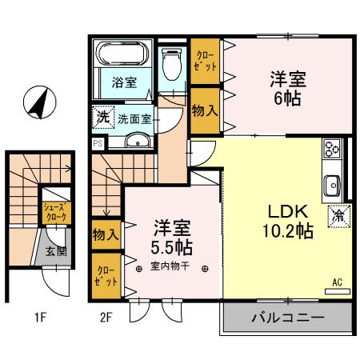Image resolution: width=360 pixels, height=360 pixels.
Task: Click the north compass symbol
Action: tap(40, 102)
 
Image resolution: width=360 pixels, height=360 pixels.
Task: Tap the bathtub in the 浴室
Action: tap(122, 53)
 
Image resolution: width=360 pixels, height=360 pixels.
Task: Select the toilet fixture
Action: tap(172, 65)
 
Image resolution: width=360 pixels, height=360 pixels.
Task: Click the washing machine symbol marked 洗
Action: tap(103, 117)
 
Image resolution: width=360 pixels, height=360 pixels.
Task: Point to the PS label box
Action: tap(98, 143)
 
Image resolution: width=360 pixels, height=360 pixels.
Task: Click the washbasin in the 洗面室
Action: tap(138, 141)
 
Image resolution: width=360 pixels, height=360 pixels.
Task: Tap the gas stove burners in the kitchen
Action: tap(332, 148)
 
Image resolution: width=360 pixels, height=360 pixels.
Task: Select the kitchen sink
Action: tap(332, 186)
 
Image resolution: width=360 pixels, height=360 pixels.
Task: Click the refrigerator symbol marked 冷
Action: tap(339, 216)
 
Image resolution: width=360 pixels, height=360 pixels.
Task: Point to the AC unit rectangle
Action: tap(338, 291)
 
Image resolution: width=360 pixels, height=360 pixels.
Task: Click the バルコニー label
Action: tap(288, 318)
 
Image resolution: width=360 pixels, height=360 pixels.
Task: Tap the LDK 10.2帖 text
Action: tap(288, 222)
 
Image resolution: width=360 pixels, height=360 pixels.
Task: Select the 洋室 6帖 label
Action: tap(288, 89)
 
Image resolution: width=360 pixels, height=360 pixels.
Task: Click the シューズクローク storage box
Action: tap(57, 213)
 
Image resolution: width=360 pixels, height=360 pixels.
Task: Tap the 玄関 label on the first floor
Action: tap(56, 251)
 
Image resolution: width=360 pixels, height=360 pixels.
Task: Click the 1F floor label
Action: tap(41, 318)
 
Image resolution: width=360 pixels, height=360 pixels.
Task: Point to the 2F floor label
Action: tap(106, 318)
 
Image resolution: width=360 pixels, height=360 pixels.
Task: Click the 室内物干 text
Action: tap(170, 266)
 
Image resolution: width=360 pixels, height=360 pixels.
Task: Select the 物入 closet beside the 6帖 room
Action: tap(205, 110)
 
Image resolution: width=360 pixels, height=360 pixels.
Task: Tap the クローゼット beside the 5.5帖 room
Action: tap(106, 276)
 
